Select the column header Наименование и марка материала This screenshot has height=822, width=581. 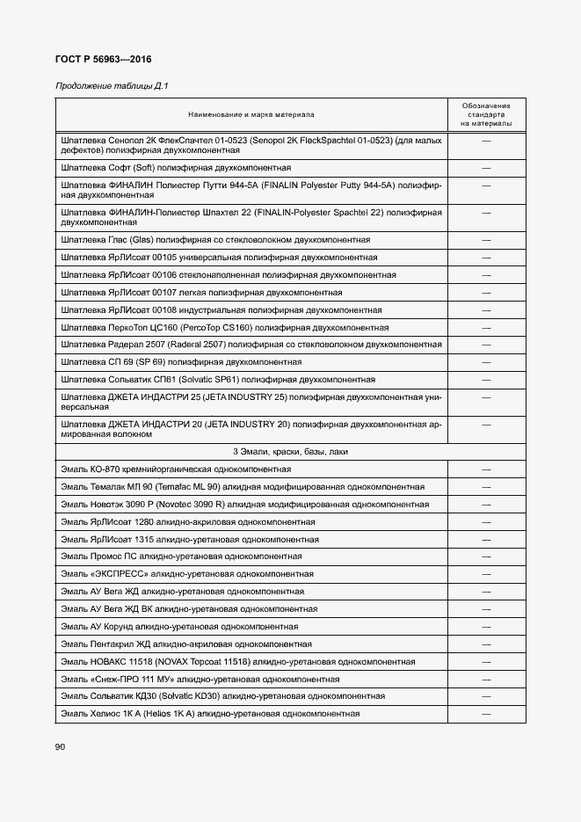coord(251,114)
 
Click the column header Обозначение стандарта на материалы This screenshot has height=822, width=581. coord(486,114)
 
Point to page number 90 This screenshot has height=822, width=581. coord(61,747)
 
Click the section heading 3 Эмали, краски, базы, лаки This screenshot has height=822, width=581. coord(291,451)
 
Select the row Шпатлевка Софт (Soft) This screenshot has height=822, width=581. coord(177,167)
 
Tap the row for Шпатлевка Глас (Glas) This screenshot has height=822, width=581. coord(215,239)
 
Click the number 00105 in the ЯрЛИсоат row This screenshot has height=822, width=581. coord(160,257)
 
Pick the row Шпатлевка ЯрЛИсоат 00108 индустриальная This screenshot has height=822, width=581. coord(221,309)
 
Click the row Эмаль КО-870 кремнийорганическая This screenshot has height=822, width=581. coord(176,469)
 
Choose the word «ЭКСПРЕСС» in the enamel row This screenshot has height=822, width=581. coord(118,573)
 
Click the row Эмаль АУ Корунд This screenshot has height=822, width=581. coord(179,626)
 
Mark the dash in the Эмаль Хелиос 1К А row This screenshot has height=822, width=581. coord(486,714)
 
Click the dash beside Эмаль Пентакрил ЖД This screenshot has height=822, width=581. coord(486,644)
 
